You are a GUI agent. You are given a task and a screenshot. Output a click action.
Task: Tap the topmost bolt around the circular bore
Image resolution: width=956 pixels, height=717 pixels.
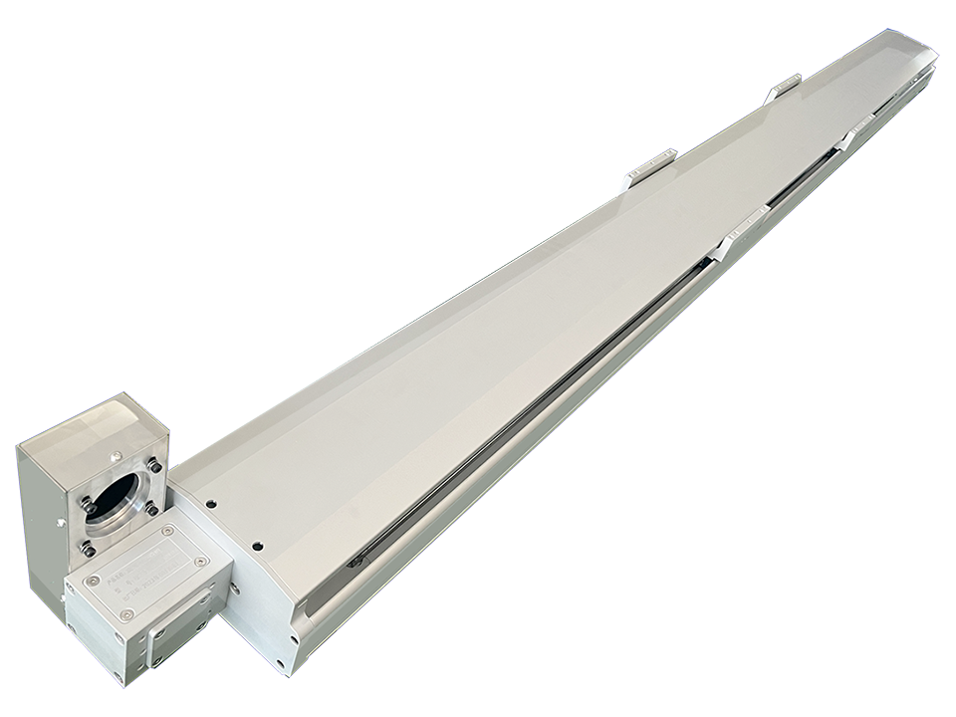pos(152,466)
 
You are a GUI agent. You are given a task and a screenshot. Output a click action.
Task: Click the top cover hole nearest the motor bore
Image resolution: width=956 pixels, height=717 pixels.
pos(211,503)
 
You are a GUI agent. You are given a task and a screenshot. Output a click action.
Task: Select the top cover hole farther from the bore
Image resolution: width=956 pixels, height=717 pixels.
pos(258,545)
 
